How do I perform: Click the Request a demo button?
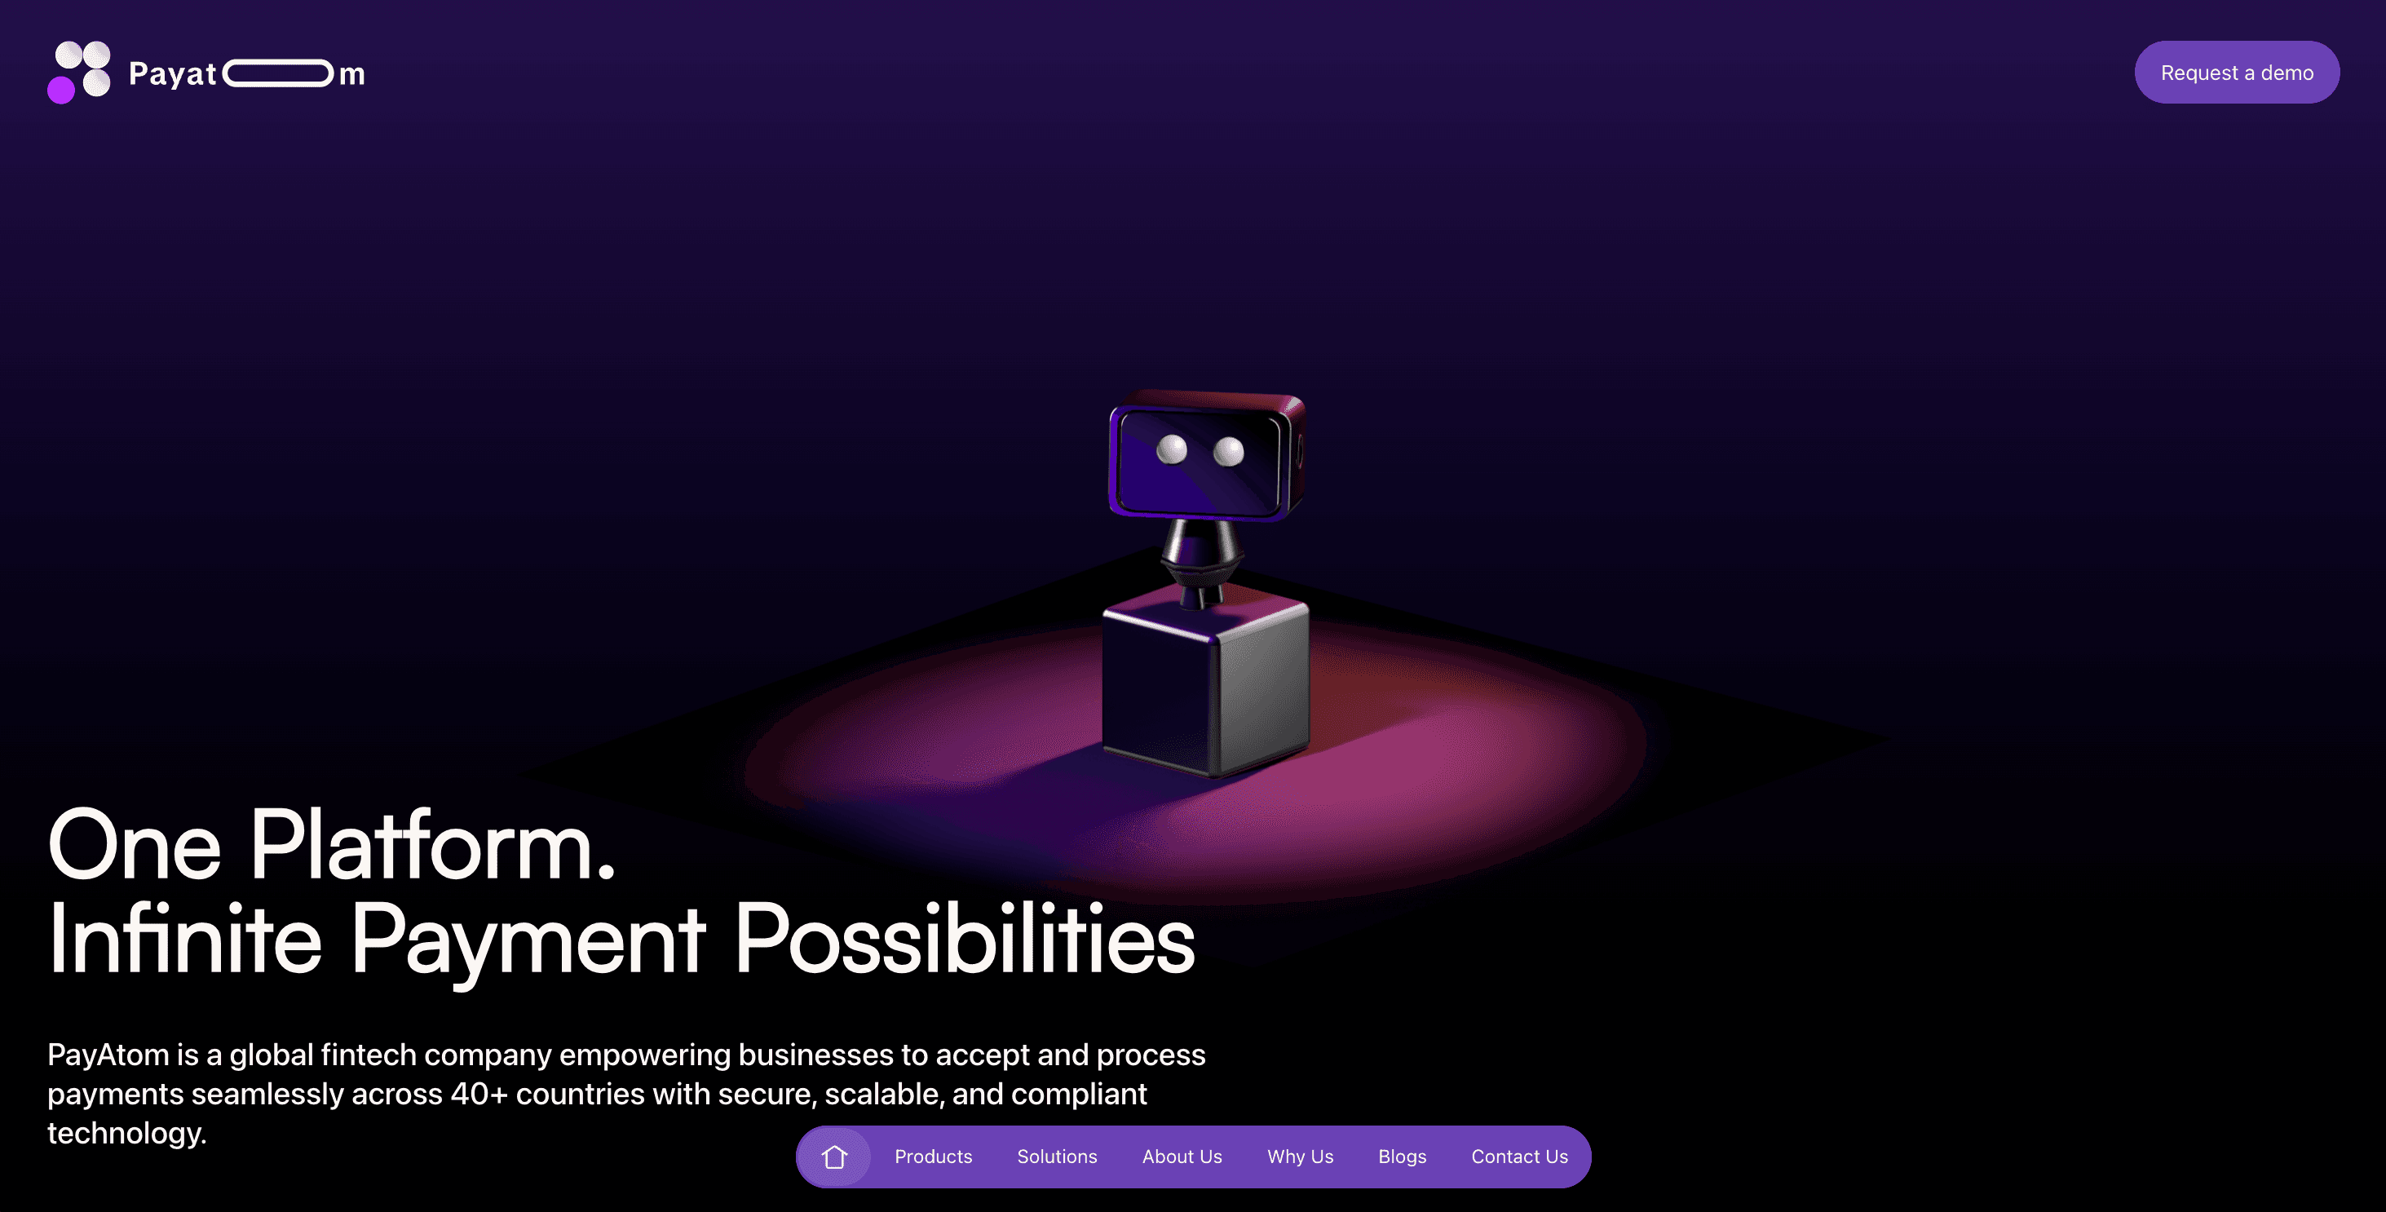[x=2236, y=73]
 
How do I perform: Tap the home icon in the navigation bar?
[x=834, y=1157]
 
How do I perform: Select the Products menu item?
[x=933, y=1157]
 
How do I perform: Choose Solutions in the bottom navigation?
[x=1057, y=1157]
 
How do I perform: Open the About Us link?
[x=1182, y=1157]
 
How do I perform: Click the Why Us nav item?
[x=1301, y=1157]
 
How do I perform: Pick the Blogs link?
[x=1403, y=1157]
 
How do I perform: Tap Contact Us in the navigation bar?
[x=1519, y=1157]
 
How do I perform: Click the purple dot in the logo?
[x=61, y=90]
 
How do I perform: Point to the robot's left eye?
[x=1172, y=449]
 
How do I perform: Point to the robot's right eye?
[x=1229, y=452]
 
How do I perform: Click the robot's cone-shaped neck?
[x=1200, y=556]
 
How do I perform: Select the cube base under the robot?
[x=1205, y=686]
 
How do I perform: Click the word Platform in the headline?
[x=432, y=845]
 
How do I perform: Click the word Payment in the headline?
[x=528, y=944]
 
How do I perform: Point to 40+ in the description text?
[x=479, y=1094]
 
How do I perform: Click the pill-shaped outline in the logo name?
[x=278, y=73]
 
